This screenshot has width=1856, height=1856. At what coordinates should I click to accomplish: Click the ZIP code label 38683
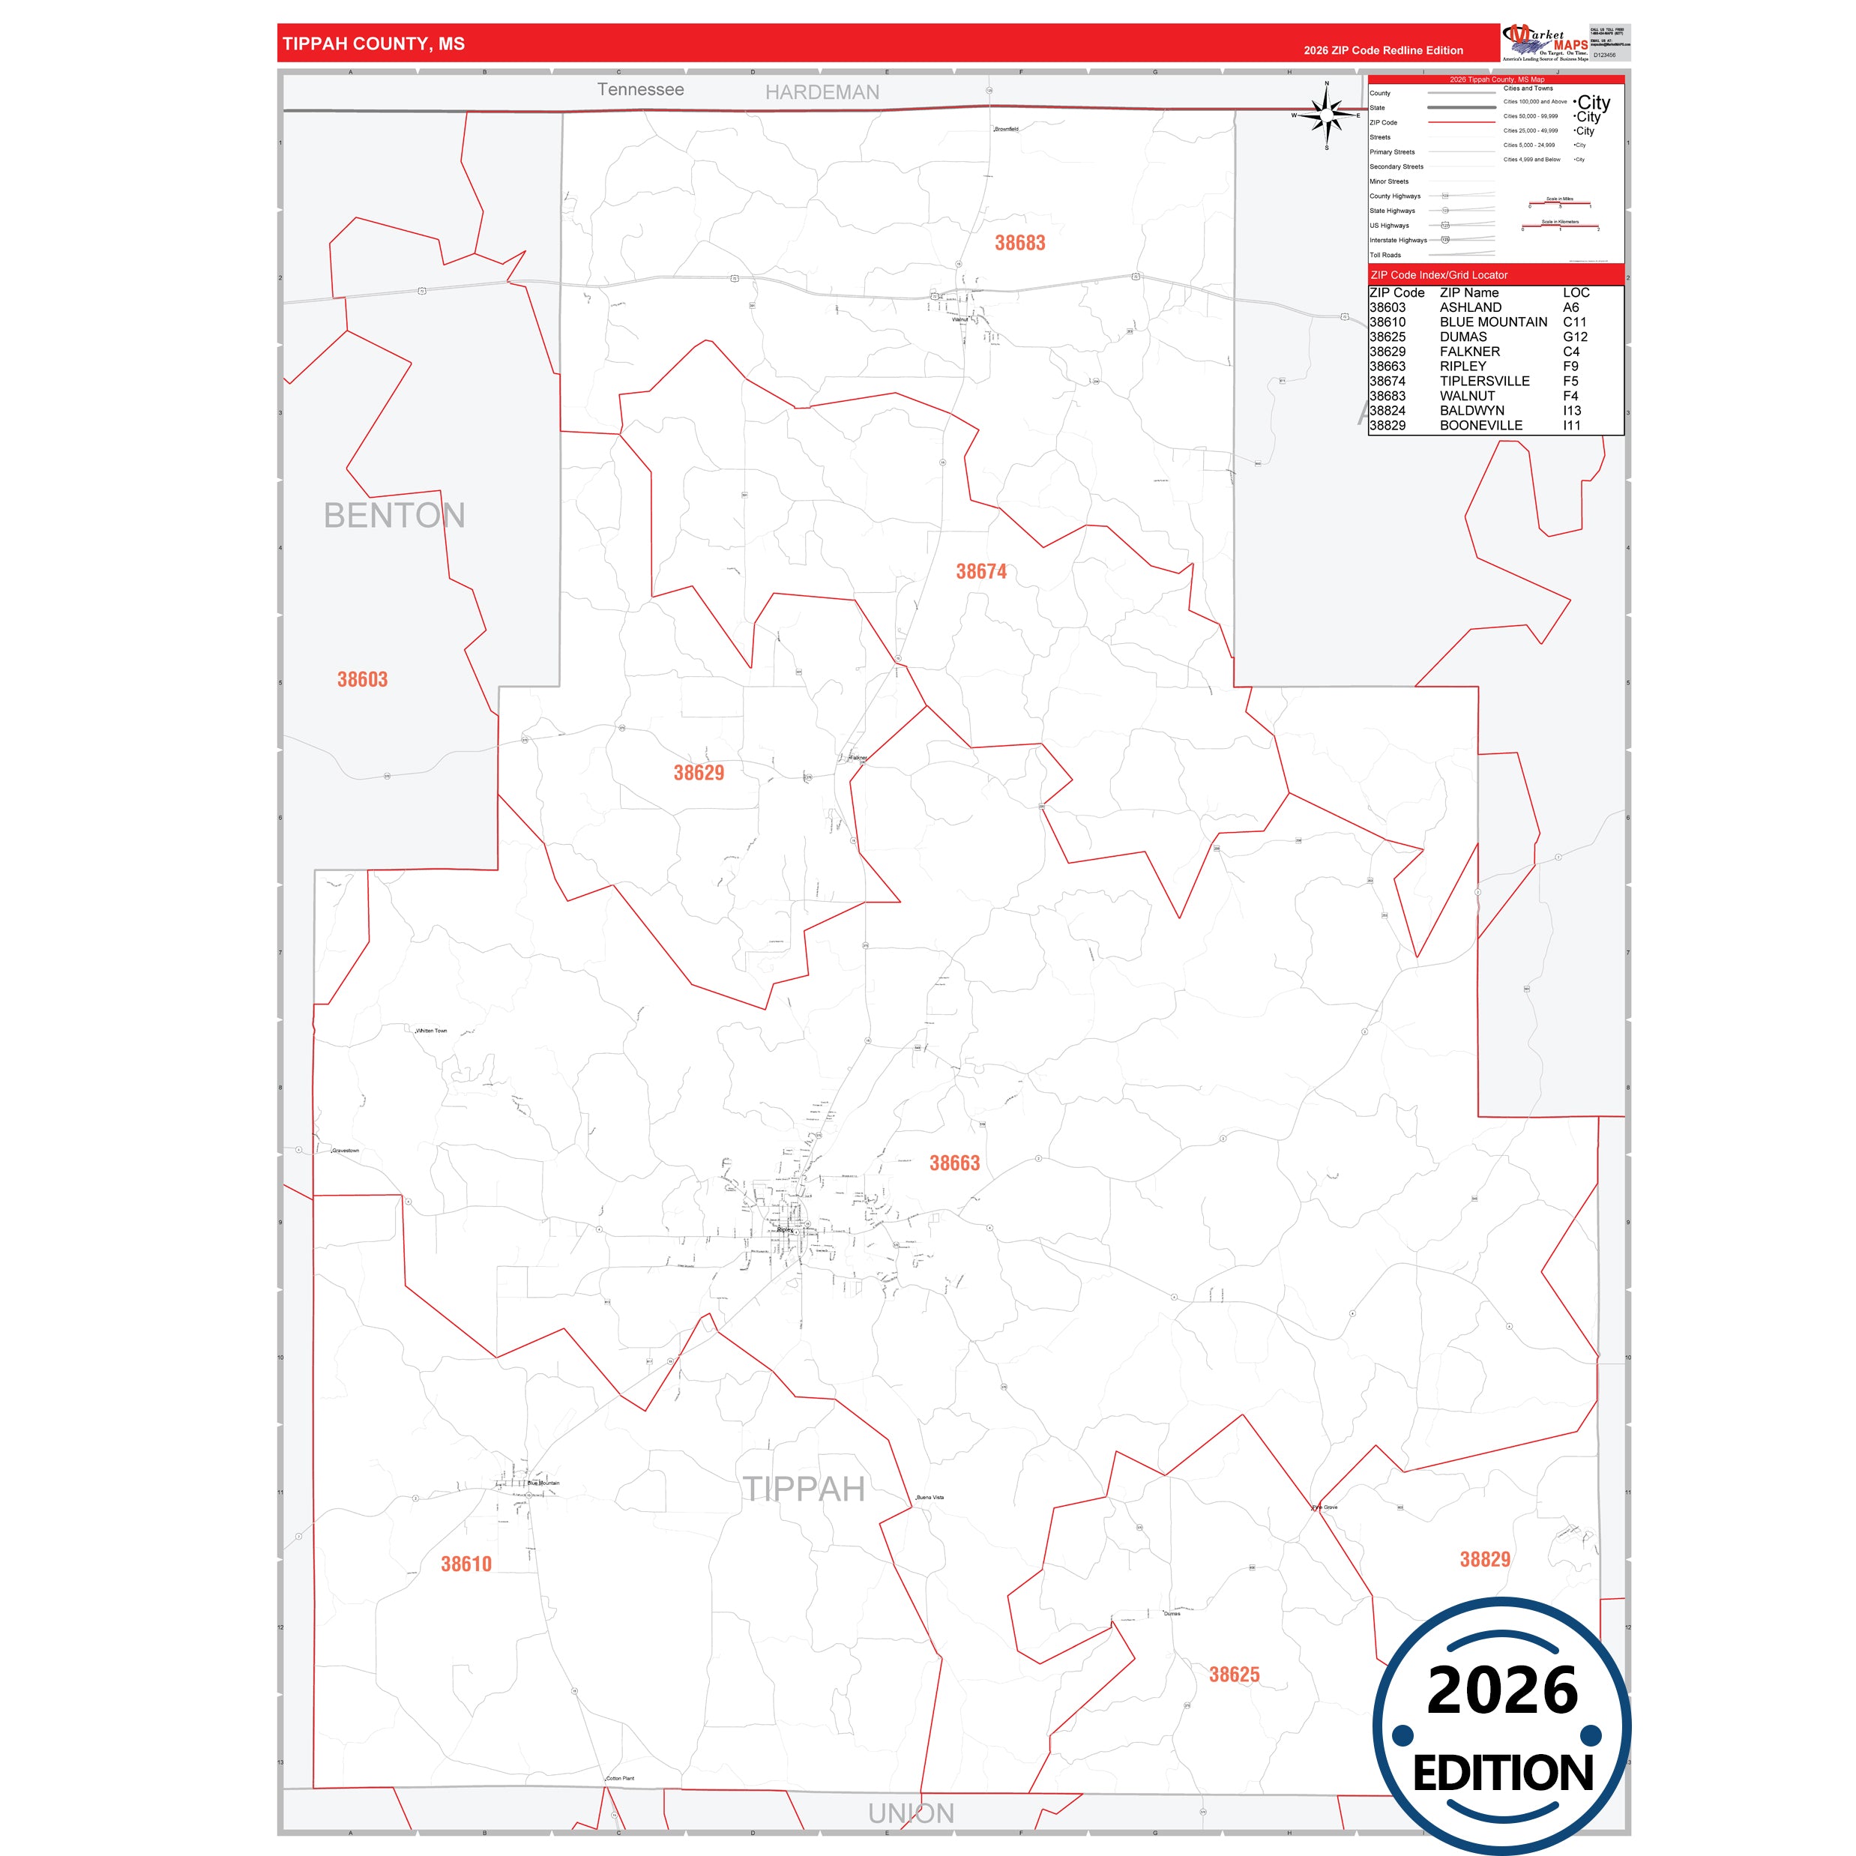(x=1019, y=243)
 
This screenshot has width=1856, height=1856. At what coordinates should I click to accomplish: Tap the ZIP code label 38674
(x=980, y=572)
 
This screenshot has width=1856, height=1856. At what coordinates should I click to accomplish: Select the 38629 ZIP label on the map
(x=699, y=772)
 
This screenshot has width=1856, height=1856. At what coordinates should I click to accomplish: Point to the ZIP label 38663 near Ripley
(x=954, y=1163)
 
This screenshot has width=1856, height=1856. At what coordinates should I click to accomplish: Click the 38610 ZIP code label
(x=466, y=1564)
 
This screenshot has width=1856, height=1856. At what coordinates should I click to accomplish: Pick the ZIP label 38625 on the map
(x=1234, y=1675)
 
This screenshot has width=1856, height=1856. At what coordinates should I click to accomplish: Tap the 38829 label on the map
(x=1484, y=1559)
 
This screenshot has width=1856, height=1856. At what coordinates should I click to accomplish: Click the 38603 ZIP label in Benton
(x=362, y=679)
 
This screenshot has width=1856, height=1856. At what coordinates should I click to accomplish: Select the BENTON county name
(x=394, y=516)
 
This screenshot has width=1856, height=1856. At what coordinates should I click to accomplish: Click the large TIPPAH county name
(x=804, y=1489)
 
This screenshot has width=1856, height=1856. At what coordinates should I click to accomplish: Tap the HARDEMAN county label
(x=822, y=92)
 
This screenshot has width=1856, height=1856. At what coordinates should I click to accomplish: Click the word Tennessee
(x=641, y=89)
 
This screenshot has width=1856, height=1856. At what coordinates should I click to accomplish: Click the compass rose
(x=1327, y=115)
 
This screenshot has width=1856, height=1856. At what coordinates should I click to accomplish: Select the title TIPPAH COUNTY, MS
(x=374, y=44)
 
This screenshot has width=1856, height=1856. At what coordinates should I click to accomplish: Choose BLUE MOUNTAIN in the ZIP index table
(x=1493, y=322)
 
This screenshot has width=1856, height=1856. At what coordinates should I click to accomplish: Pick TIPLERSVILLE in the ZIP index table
(x=1484, y=382)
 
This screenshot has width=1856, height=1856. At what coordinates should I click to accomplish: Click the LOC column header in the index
(x=1576, y=292)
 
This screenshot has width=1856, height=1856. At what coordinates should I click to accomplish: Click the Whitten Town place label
(x=431, y=1031)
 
